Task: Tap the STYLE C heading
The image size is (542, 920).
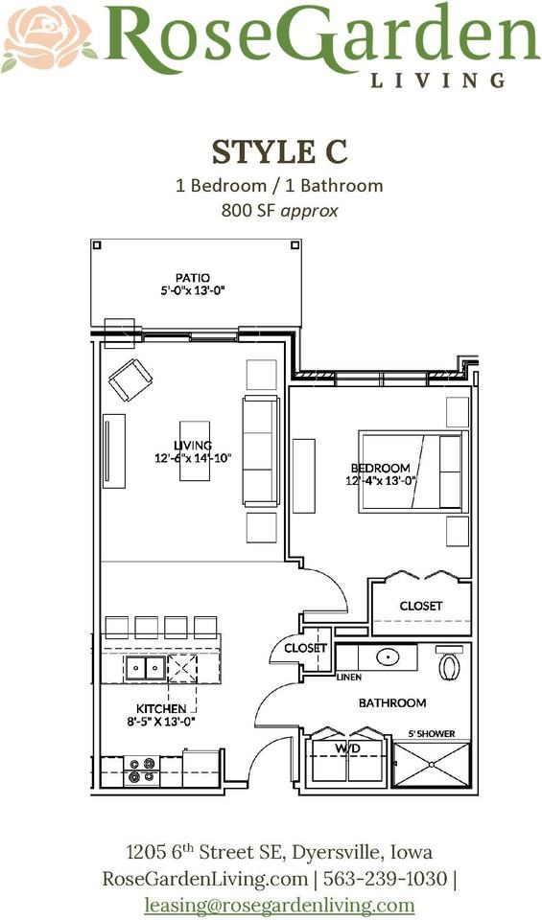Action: tap(278, 151)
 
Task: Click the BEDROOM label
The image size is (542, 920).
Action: tap(382, 469)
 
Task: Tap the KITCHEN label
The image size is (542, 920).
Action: tap(160, 709)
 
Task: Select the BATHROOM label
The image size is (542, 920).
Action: tap(392, 702)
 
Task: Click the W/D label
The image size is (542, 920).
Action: tap(346, 747)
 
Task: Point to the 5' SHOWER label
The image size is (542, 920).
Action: tap(430, 734)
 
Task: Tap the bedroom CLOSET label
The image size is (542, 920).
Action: tap(421, 606)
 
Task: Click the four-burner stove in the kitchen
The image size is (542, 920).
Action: tap(142, 770)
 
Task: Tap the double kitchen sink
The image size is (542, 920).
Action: tap(146, 668)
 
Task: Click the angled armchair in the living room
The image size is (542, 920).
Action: tap(130, 379)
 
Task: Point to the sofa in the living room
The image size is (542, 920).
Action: tap(261, 449)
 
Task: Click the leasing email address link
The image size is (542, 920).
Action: tap(279, 904)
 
